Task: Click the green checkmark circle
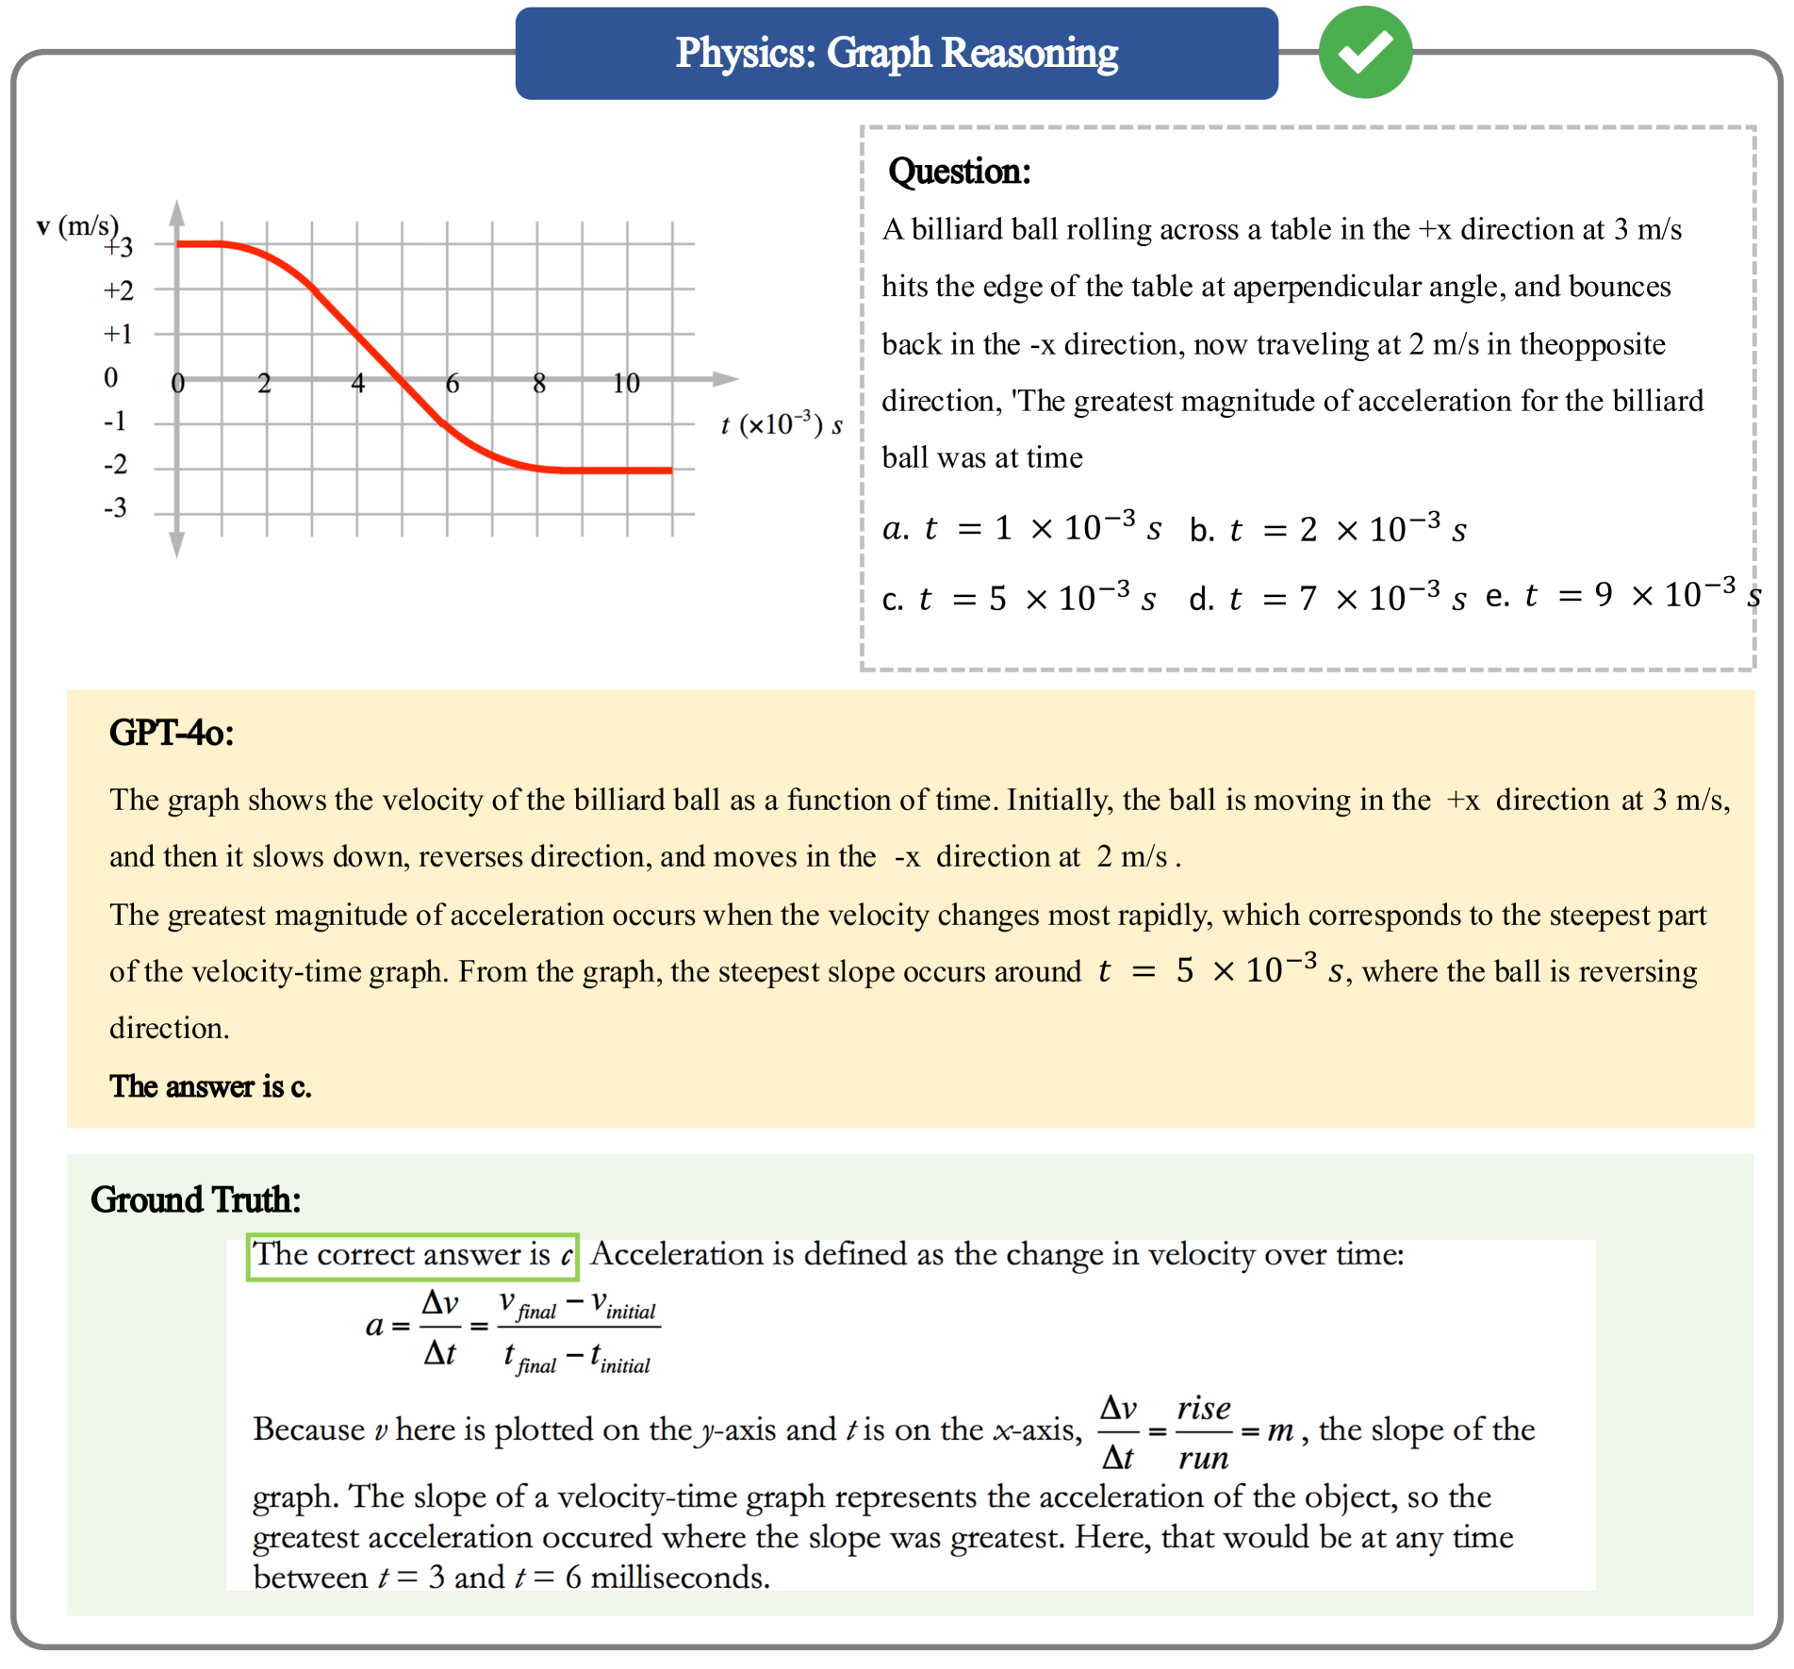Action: [1364, 52]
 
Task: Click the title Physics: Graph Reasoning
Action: [896, 53]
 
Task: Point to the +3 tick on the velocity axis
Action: [119, 247]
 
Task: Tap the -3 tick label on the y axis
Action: [115, 509]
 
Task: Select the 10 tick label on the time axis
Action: [625, 384]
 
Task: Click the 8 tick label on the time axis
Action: [538, 384]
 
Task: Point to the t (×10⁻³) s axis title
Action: [781, 424]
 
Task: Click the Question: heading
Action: [959, 172]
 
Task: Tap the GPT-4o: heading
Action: [172, 733]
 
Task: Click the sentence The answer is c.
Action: [210, 1086]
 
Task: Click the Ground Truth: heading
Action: [195, 1199]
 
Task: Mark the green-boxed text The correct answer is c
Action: [412, 1255]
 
